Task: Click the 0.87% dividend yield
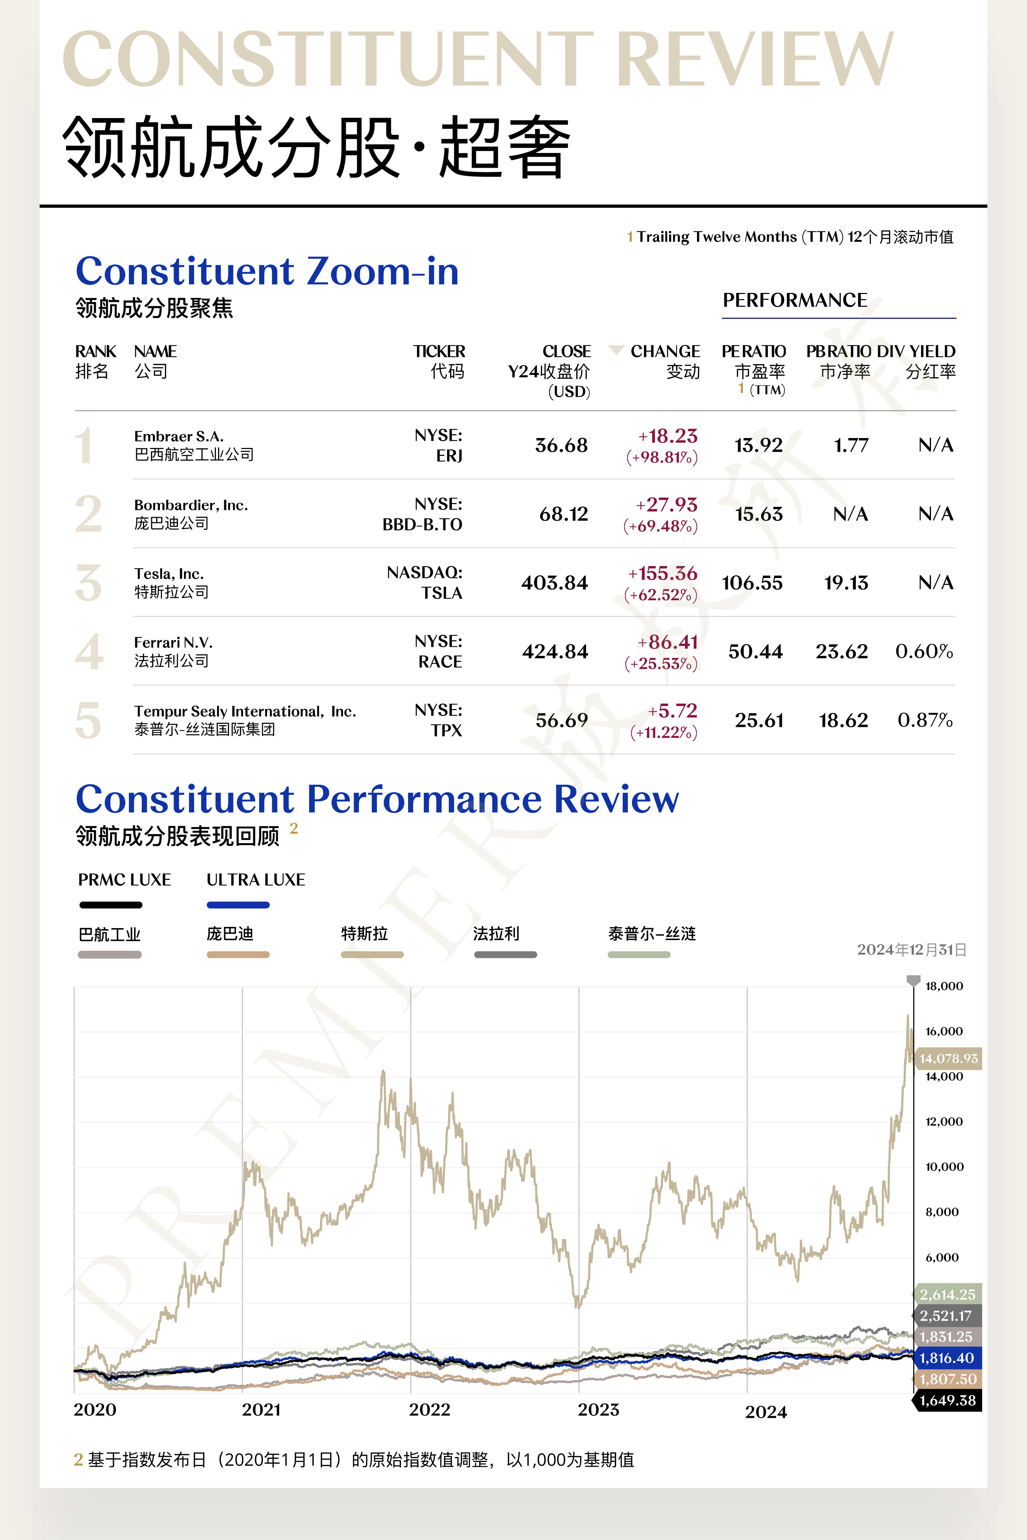click(925, 720)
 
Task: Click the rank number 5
click(88, 720)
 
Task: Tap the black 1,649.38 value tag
click(947, 1400)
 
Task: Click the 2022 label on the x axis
click(430, 1410)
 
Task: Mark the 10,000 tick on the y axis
click(944, 1167)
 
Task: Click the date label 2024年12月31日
click(911, 949)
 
